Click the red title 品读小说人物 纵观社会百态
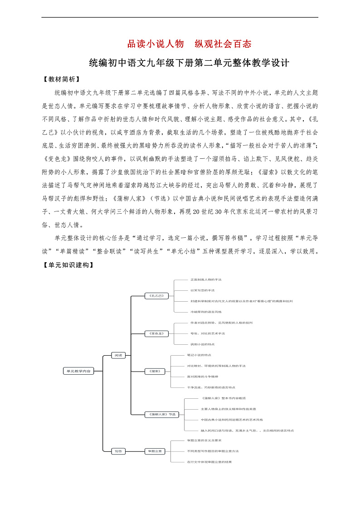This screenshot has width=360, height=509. pos(189,44)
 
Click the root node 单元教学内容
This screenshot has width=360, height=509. pos(78,371)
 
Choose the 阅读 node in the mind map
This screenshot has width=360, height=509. pos(118,355)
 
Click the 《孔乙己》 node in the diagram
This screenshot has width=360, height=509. pos(156,296)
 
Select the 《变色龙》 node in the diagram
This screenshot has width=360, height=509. pos(156,333)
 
